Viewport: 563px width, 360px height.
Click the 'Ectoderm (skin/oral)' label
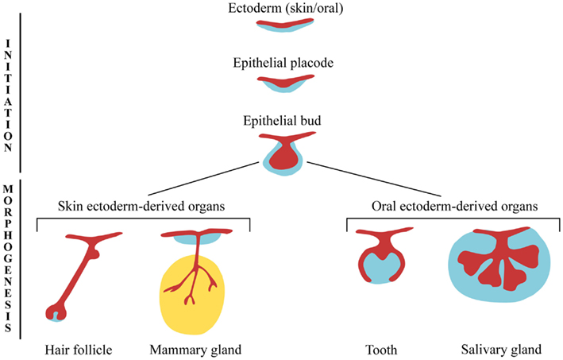283,9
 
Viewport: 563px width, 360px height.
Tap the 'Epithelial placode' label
283,63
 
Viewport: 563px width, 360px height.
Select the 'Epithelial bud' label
283,121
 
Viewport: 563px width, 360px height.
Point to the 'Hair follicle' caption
74,349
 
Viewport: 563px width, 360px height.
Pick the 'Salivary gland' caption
500,349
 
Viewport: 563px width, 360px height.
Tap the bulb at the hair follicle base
56,312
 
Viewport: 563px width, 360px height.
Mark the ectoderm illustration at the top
283,25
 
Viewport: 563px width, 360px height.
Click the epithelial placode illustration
283,82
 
